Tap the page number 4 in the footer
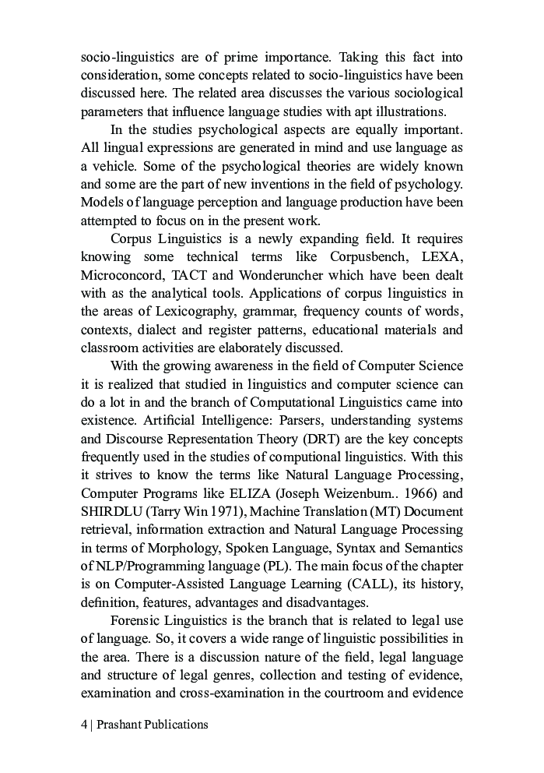pyautogui.click(x=84, y=724)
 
